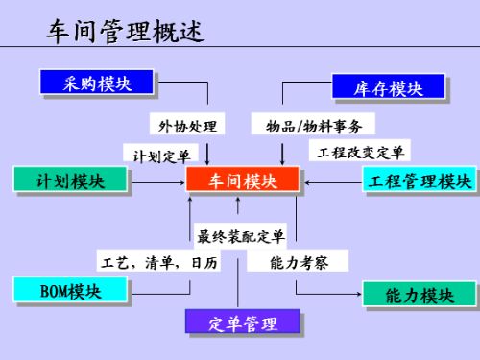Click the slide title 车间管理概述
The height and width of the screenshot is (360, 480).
point(125,33)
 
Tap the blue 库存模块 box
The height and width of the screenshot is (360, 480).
point(389,87)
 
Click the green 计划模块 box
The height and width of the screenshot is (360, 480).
point(70,180)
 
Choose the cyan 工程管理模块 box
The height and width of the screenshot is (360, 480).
point(419,180)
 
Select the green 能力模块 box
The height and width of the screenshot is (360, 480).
point(419,295)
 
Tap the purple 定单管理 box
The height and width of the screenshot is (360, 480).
point(243,324)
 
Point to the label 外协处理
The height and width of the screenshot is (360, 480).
point(186,125)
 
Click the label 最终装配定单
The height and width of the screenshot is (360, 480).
point(241,235)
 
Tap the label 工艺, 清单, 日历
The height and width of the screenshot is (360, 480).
point(158,262)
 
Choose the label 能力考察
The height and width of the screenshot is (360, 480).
point(293,261)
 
